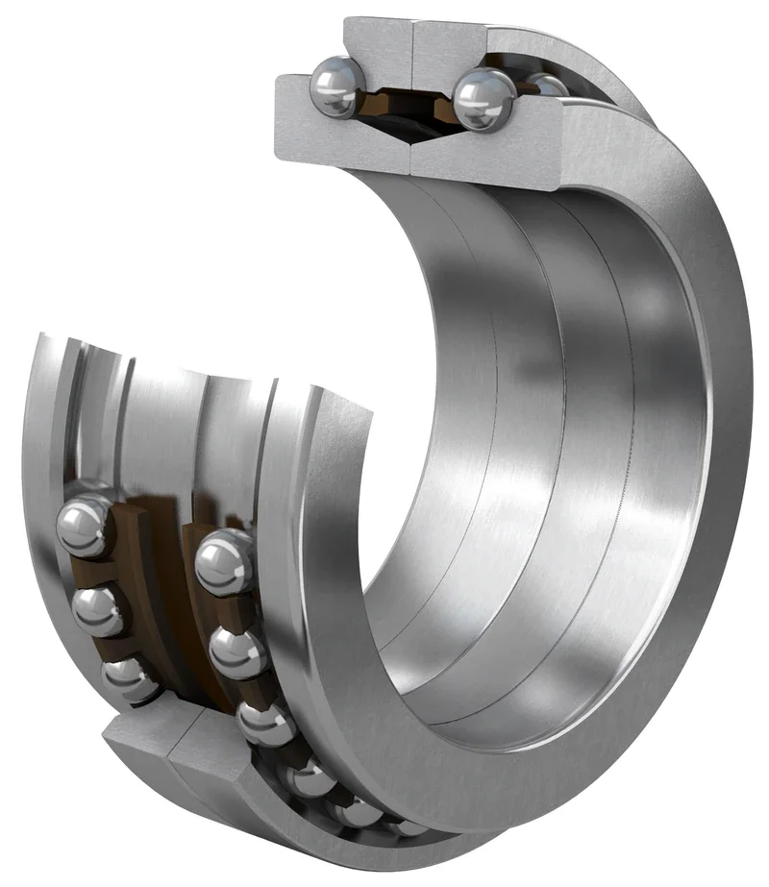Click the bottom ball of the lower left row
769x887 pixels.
[128, 678]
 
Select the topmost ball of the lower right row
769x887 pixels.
[223, 562]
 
